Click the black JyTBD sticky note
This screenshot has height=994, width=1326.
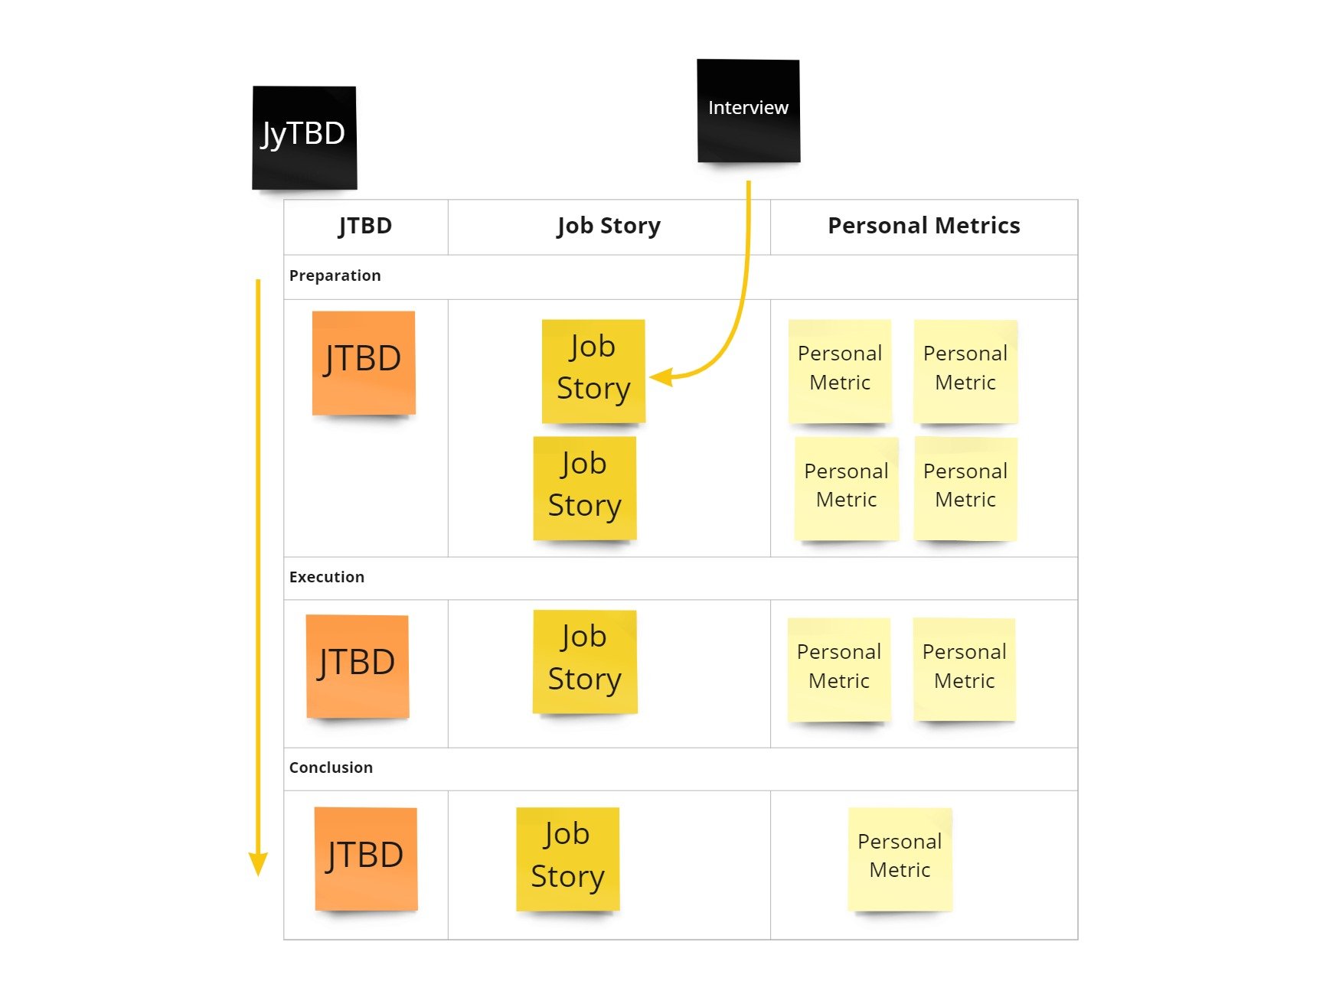click(x=304, y=138)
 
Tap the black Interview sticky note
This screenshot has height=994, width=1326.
click(x=748, y=111)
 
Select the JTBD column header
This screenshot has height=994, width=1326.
click(x=365, y=226)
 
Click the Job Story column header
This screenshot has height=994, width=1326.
click(x=609, y=226)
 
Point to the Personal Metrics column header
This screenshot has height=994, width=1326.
click(x=923, y=226)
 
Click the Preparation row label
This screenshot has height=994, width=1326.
click(x=335, y=275)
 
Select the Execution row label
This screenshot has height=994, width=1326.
click(x=326, y=577)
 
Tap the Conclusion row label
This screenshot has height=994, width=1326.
click(x=331, y=767)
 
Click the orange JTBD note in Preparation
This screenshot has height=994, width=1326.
click(x=364, y=363)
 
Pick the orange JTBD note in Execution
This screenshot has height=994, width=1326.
click(x=357, y=666)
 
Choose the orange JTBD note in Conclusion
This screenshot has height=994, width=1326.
click(x=366, y=859)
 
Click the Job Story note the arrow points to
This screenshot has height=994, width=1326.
click(x=593, y=370)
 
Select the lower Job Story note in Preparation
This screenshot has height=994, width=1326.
click(x=585, y=487)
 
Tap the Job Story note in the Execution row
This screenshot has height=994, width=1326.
click(x=585, y=661)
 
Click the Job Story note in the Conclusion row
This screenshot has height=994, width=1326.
click(x=567, y=859)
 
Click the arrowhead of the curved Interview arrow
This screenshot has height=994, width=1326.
click(x=660, y=377)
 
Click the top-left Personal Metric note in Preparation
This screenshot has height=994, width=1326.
click(x=840, y=370)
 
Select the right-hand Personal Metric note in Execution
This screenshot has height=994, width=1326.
click(x=964, y=669)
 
